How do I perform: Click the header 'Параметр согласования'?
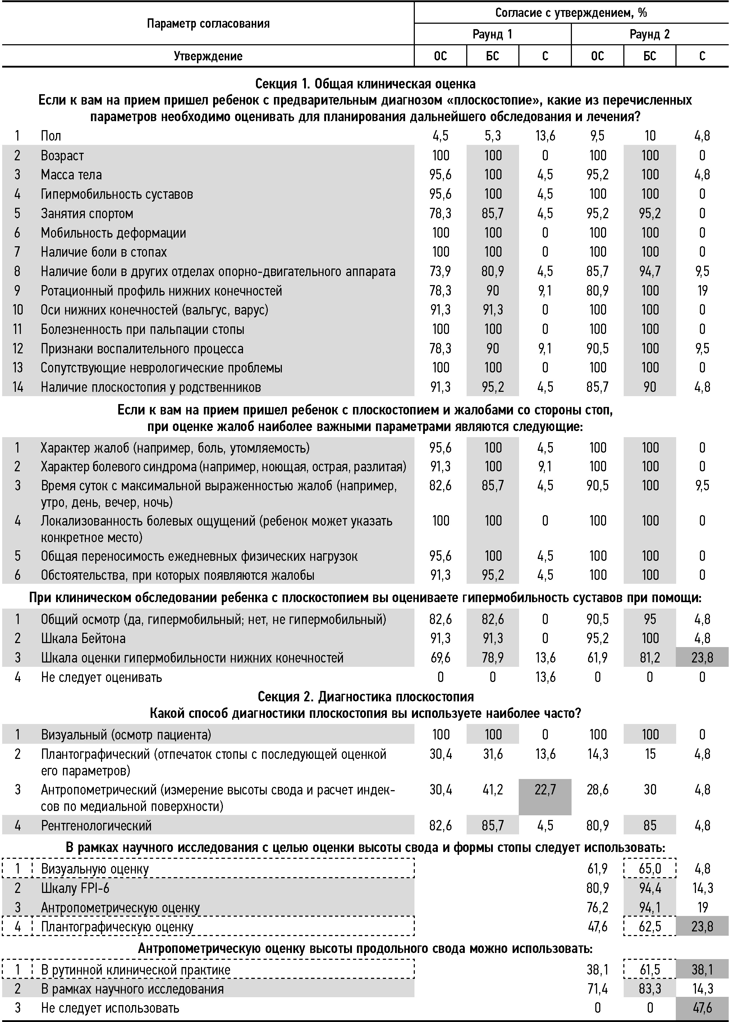[x=208, y=23]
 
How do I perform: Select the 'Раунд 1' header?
[x=492, y=34]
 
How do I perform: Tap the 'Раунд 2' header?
[x=650, y=34]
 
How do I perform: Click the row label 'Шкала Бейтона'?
[x=83, y=638]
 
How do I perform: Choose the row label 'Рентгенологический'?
[x=96, y=825]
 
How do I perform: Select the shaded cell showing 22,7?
[x=545, y=789]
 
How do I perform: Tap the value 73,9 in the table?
[x=440, y=271]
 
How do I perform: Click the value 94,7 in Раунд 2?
[x=650, y=271]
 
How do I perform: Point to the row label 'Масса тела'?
[x=72, y=175]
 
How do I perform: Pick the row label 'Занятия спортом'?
[x=87, y=213]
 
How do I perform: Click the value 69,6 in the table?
[x=440, y=657]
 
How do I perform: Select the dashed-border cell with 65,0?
[x=650, y=869]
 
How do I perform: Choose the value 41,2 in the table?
[x=492, y=789]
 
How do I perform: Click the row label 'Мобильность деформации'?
[x=113, y=233]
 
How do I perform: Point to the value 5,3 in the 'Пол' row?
[x=492, y=136]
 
